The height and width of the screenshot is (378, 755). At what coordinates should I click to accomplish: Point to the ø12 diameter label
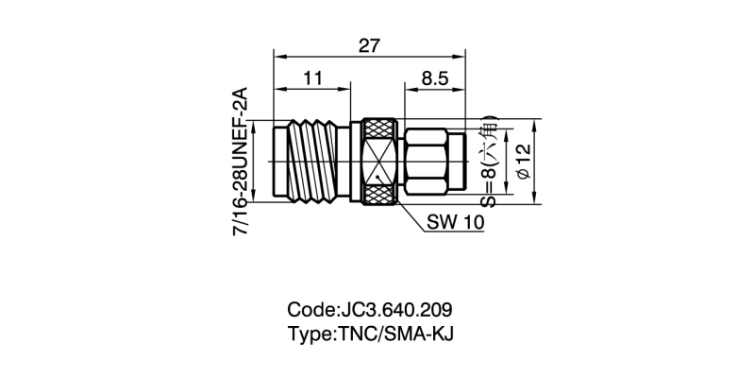526,162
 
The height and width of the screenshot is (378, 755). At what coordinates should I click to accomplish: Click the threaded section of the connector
311,162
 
